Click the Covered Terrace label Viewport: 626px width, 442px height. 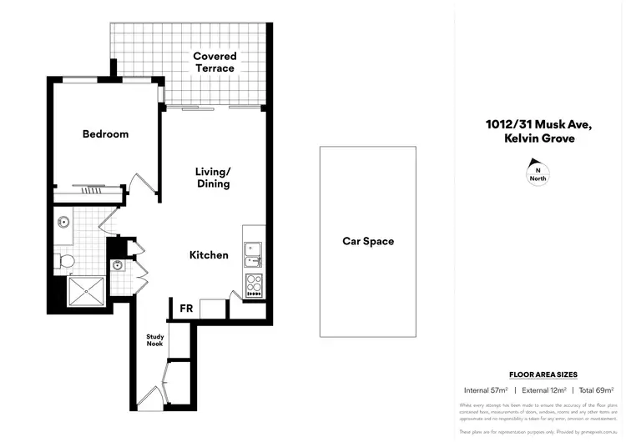215,63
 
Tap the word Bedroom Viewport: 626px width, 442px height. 105,134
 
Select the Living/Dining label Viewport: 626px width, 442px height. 212,178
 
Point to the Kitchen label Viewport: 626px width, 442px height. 209,255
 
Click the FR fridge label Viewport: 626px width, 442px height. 187,309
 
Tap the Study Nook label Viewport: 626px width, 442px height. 156,340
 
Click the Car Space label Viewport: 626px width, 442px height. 368,242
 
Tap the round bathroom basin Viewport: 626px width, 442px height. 63,223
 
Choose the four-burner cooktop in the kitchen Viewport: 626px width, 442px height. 253,286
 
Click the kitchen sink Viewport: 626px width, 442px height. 252,250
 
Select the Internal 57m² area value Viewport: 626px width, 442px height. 486,389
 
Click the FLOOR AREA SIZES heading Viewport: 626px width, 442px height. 543,375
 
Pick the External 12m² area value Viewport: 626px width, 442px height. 543,389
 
